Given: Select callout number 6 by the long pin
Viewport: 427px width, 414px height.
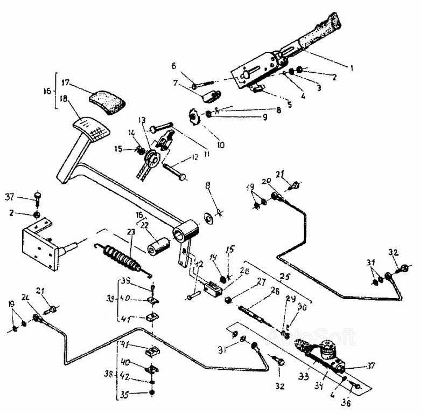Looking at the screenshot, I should pyautogui.click(x=174, y=66).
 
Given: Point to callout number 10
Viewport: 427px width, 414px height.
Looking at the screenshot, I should pyautogui.click(x=221, y=144).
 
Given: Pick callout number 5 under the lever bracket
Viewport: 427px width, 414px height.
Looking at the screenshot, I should pyautogui.click(x=289, y=105).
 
